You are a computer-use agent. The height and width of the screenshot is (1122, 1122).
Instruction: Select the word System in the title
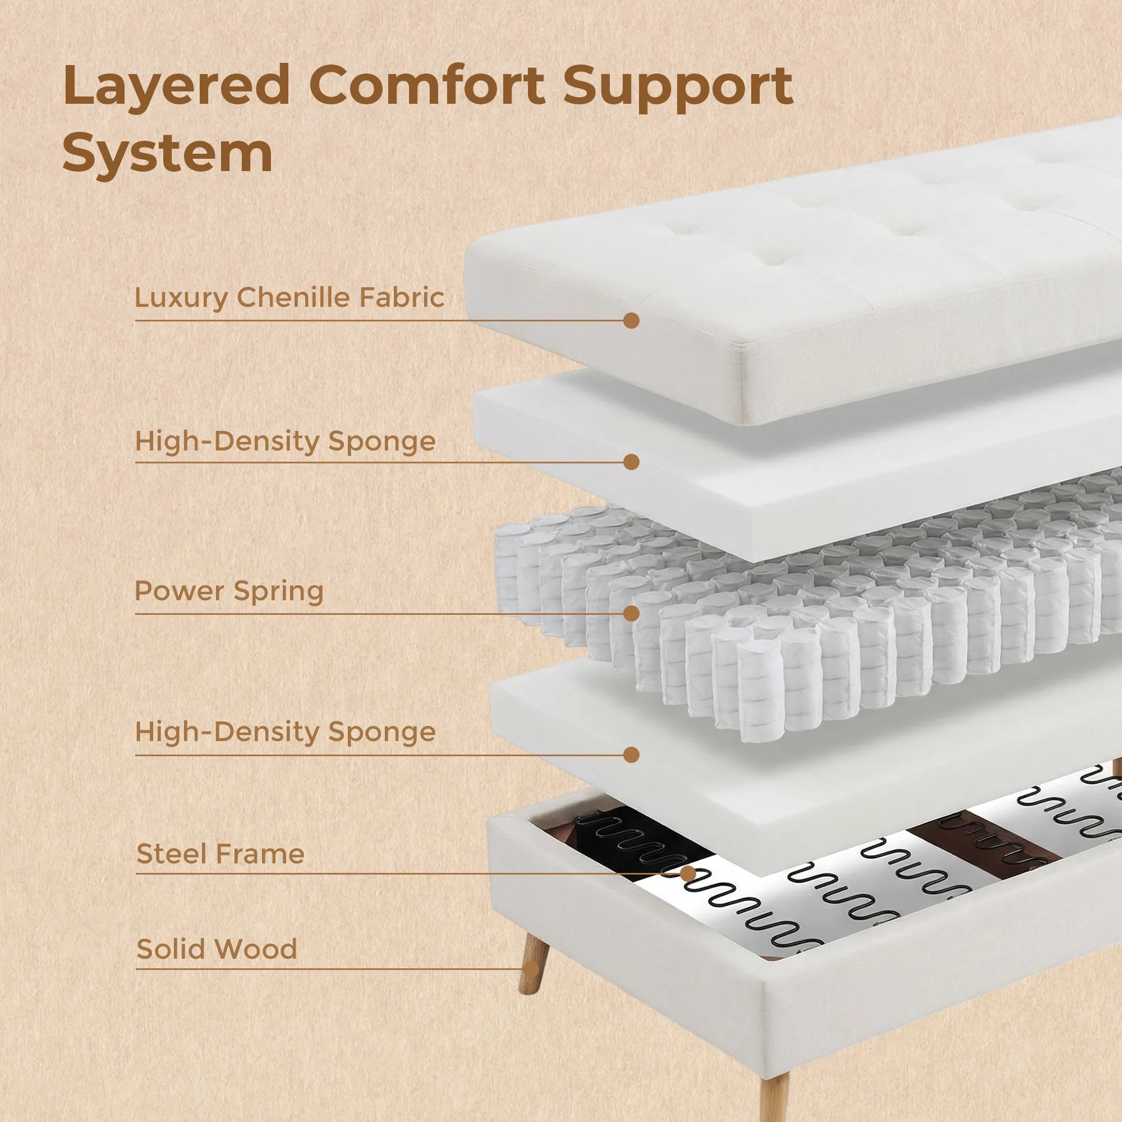tap(167, 153)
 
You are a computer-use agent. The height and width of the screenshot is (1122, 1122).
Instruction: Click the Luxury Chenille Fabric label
tap(289, 298)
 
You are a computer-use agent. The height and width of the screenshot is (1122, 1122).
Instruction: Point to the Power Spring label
tap(229, 591)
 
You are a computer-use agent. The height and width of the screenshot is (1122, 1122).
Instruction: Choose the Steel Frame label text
tap(220, 854)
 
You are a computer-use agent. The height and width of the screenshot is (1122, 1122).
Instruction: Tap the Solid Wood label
tap(217, 950)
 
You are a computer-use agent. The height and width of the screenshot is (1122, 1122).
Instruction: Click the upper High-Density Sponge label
tap(285, 441)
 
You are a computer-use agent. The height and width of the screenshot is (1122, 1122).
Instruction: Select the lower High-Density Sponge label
tap(285, 732)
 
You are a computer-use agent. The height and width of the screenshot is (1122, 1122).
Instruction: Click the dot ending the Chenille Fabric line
tap(631, 320)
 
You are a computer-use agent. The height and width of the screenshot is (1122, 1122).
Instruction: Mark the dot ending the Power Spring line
tap(631, 614)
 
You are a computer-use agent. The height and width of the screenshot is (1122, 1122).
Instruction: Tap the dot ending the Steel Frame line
tap(688, 873)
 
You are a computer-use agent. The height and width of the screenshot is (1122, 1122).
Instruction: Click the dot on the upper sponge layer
tap(631, 462)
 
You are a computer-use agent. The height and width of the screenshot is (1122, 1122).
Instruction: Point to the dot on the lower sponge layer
tap(631, 755)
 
